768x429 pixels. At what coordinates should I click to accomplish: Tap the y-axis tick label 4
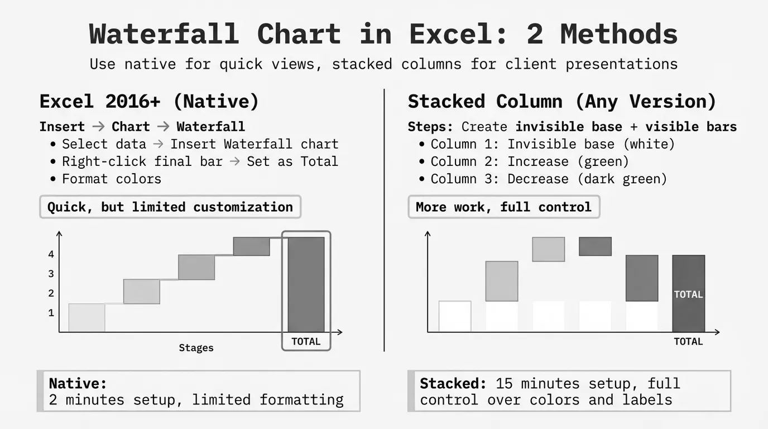[x=51, y=254]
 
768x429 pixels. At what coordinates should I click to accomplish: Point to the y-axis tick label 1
[x=51, y=313]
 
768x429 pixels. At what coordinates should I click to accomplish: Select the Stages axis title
[x=196, y=348]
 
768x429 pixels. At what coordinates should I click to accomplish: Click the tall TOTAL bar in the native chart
[x=306, y=284]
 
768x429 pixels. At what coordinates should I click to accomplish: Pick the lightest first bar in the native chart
[x=87, y=318]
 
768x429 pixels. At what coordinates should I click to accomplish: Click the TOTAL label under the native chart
[x=306, y=341]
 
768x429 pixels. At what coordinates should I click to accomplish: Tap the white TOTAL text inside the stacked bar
[x=688, y=294]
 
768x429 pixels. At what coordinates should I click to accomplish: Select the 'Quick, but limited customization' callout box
[x=170, y=207]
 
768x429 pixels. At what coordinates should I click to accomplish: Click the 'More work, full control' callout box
[x=504, y=207]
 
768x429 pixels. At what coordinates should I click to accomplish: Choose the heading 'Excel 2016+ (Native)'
[x=149, y=102]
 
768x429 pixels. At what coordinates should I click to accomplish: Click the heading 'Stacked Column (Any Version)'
[x=562, y=102]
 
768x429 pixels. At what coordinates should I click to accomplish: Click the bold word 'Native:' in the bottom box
[x=78, y=383]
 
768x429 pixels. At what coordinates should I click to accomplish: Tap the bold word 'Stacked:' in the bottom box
[x=453, y=383]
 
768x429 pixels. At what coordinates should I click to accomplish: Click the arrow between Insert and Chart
[x=98, y=127]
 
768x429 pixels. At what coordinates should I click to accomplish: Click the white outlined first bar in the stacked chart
[x=455, y=316]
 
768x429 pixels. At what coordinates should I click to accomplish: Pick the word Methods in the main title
[x=619, y=34]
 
